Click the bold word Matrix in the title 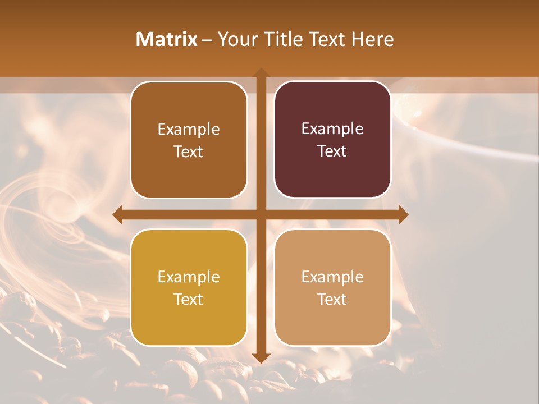click(x=167, y=39)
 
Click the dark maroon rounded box click(x=332, y=140)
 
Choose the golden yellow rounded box click(x=189, y=287)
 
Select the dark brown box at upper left click(x=189, y=140)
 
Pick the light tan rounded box click(x=332, y=287)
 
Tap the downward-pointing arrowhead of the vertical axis click(x=261, y=358)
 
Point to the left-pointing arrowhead click(x=118, y=214)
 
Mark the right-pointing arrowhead click(x=403, y=214)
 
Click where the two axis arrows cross click(x=261, y=214)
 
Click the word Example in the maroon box click(x=332, y=128)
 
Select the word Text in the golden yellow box click(x=189, y=299)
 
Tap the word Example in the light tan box click(x=332, y=277)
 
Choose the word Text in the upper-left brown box click(x=189, y=151)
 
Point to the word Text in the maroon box click(x=332, y=151)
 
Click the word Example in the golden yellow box click(x=189, y=277)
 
